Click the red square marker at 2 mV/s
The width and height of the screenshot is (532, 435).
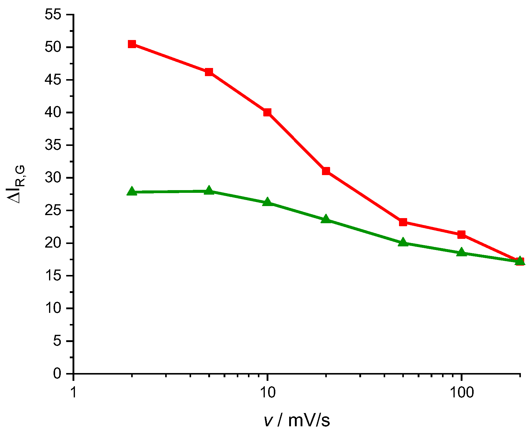(x=132, y=44)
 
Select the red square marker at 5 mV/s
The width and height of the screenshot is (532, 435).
(x=209, y=72)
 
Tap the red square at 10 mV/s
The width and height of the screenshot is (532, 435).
(x=267, y=113)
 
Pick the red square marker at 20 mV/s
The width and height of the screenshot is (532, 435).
(x=326, y=171)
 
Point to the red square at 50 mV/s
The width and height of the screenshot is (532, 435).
(x=403, y=222)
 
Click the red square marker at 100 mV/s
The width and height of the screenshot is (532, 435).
(x=461, y=234)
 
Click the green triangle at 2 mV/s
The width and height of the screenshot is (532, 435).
(x=132, y=191)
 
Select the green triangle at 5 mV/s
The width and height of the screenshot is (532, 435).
(x=209, y=191)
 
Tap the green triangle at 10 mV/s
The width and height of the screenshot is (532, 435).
(x=267, y=202)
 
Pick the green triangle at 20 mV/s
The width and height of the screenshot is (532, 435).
(x=326, y=219)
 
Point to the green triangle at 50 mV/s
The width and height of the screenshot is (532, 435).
(x=403, y=242)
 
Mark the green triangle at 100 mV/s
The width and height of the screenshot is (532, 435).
(x=461, y=252)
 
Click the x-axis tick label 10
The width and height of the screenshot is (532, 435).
(x=267, y=393)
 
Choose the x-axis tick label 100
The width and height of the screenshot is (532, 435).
(x=461, y=393)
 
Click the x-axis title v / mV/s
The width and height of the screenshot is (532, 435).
(x=297, y=420)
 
